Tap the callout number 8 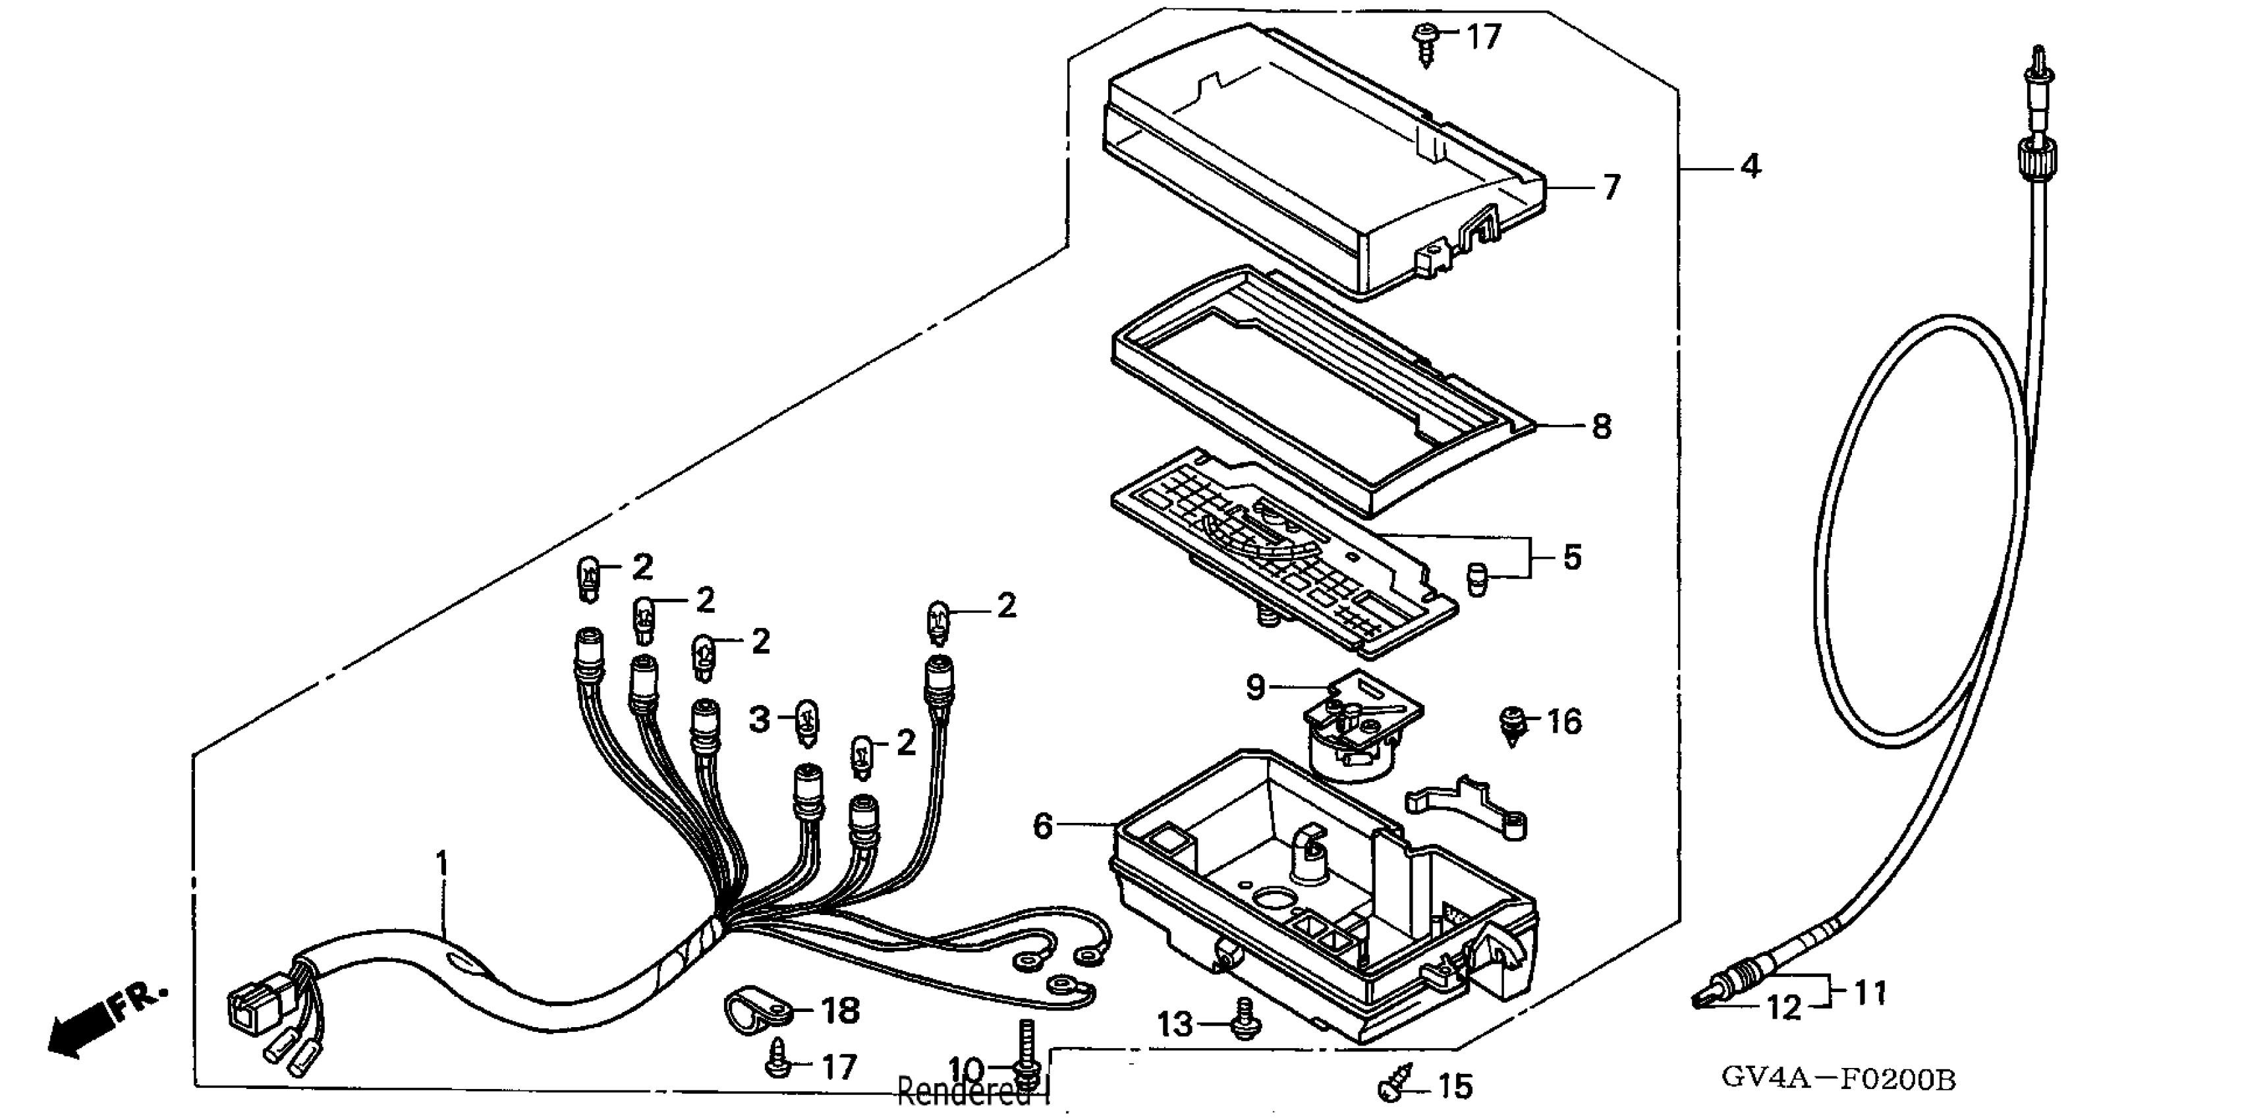tap(1602, 426)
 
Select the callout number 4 tap(1751, 165)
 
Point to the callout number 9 tap(1254, 688)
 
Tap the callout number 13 tap(1175, 1024)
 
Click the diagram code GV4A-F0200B tap(1837, 1080)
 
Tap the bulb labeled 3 tap(808, 723)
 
